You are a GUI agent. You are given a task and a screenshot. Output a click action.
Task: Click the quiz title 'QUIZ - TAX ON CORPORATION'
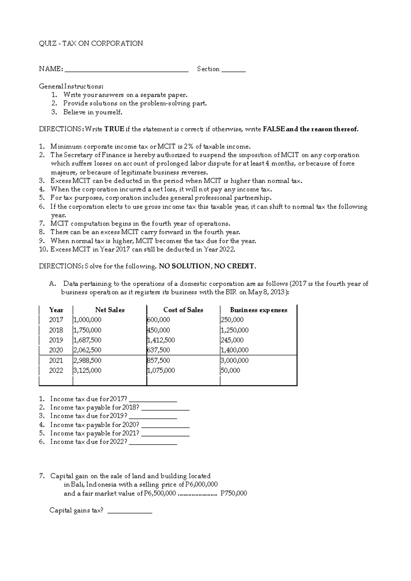pyautogui.click(x=91, y=43)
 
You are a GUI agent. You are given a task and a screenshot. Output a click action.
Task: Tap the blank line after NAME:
pyautogui.click(x=126, y=70)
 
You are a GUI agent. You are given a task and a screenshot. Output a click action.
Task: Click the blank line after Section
pyautogui.click(x=234, y=70)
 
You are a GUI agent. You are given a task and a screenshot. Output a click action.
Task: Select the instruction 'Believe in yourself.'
pyautogui.click(x=92, y=112)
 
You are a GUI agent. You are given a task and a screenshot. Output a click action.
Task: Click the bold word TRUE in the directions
pyautogui.click(x=114, y=129)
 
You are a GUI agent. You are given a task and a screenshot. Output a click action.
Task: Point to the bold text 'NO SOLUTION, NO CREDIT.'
pyautogui.click(x=208, y=266)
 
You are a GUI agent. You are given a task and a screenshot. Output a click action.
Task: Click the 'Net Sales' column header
pyautogui.click(x=110, y=310)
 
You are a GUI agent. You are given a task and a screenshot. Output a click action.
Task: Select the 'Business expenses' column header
pyautogui.click(x=258, y=310)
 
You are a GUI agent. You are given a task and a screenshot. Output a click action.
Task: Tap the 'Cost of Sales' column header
pyautogui.click(x=183, y=310)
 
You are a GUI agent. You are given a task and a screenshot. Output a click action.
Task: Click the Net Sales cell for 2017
pyautogui.click(x=87, y=320)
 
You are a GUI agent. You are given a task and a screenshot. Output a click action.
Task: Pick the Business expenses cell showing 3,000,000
pyautogui.click(x=235, y=360)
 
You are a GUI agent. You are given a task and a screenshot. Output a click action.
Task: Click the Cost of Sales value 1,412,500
pyautogui.click(x=161, y=340)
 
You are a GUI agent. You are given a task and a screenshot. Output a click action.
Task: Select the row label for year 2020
pyautogui.click(x=56, y=350)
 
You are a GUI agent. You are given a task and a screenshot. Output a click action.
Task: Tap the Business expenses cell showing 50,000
pyautogui.click(x=231, y=371)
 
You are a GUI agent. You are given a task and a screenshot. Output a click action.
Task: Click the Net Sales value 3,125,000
pyautogui.click(x=87, y=371)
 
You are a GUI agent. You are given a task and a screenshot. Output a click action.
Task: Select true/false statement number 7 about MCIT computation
pyautogui.click(x=140, y=224)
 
